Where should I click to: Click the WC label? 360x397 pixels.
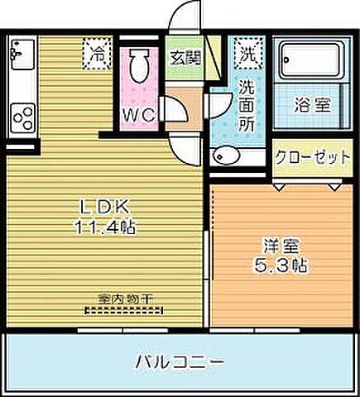point(138,116)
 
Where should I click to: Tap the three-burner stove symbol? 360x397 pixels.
point(20,116)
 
